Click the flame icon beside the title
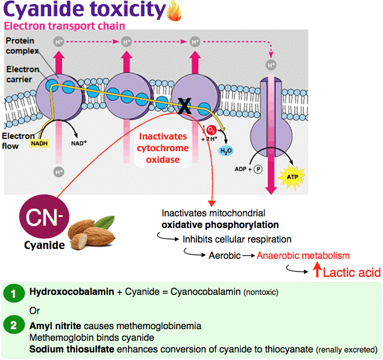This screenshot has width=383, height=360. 174,11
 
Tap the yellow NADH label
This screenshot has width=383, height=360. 40,143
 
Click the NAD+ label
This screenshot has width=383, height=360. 79,142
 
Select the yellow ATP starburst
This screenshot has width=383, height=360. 292,177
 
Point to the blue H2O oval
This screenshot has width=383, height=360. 225,151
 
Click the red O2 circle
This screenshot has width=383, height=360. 212,130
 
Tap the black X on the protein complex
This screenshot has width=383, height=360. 184,106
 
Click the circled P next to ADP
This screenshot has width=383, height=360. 258,169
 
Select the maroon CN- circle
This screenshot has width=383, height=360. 44,216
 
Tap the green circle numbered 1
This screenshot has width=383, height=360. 14,293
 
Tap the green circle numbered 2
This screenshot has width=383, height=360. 14,325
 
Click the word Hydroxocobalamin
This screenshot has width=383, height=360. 71,291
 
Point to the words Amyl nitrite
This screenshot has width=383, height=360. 55,326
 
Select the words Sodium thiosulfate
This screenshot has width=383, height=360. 71,349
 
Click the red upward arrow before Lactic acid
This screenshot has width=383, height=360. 317,270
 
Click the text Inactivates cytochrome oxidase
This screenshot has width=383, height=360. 163,148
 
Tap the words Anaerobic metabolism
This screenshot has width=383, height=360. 303,255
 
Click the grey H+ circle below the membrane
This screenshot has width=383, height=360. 59,172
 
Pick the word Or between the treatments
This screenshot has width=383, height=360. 34,311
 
